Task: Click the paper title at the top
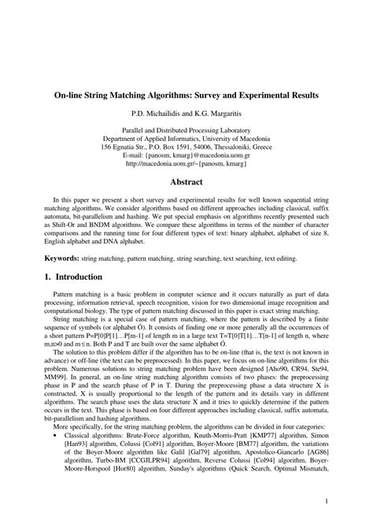(186, 95)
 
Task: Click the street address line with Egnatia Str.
(186, 147)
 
